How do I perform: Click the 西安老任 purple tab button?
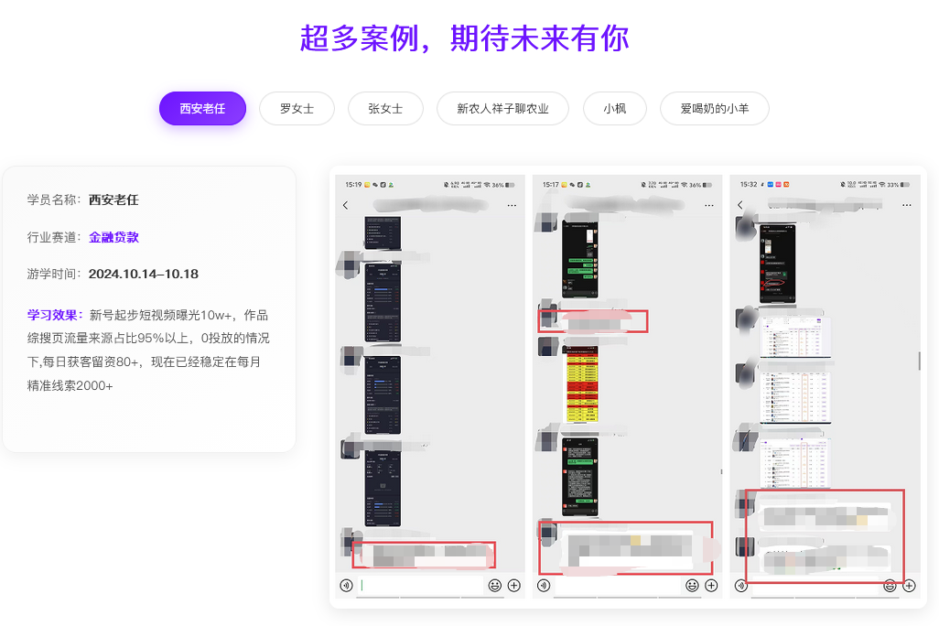click(202, 108)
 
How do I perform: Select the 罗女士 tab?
click(297, 108)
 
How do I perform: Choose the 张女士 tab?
click(385, 108)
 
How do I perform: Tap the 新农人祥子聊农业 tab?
click(503, 108)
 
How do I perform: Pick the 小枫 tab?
click(614, 108)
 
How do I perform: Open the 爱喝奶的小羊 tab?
click(715, 108)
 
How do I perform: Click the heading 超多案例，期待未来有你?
click(464, 38)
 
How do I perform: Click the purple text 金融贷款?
click(113, 237)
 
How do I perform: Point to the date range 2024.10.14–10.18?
click(144, 274)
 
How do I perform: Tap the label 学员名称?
click(54, 200)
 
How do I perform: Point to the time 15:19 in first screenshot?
click(353, 185)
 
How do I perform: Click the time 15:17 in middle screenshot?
click(551, 185)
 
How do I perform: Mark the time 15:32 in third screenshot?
click(749, 185)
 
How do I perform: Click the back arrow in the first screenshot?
click(345, 205)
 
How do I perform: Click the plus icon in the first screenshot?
click(513, 586)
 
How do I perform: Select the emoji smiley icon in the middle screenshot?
click(692, 586)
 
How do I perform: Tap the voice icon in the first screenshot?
click(346, 586)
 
